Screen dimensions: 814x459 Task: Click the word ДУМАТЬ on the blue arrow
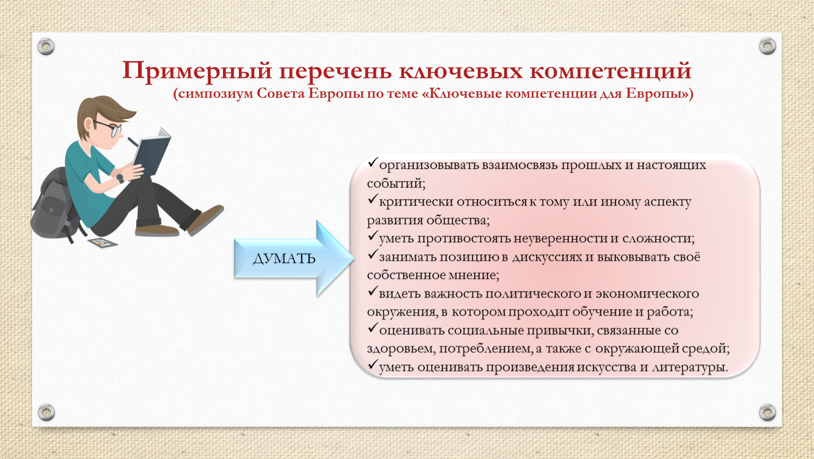pyautogui.click(x=284, y=259)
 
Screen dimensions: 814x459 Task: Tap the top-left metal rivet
pyautogui.click(x=46, y=47)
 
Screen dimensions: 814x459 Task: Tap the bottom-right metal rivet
pyautogui.click(x=767, y=412)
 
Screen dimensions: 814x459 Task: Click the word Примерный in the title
pyautogui.click(x=197, y=71)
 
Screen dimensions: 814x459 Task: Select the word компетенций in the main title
pyautogui.click(x=610, y=71)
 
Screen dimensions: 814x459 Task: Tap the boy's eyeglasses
pyautogui.click(x=109, y=128)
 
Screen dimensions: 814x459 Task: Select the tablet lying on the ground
pyautogui.click(x=103, y=243)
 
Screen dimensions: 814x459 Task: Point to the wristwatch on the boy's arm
pyautogui.click(x=120, y=178)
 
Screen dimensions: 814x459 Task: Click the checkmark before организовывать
pyautogui.click(x=372, y=162)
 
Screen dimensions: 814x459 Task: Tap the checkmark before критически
pyautogui.click(x=372, y=199)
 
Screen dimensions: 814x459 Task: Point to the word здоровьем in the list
pyautogui.click(x=401, y=349)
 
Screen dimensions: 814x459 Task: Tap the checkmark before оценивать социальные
pyautogui.click(x=372, y=328)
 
